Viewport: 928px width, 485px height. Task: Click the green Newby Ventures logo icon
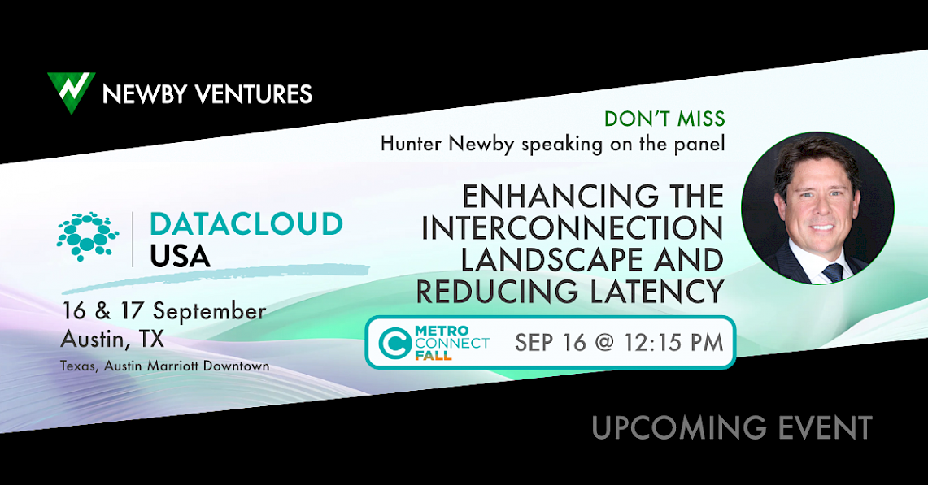click(71, 92)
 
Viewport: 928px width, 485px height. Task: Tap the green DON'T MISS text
click(664, 119)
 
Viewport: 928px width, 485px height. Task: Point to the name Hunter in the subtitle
click(412, 144)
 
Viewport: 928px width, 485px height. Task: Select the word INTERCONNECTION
click(573, 228)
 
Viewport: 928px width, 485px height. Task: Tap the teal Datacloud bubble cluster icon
click(88, 236)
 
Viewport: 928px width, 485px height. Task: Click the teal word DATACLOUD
click(246, 224)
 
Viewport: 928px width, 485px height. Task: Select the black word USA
click(180, 256)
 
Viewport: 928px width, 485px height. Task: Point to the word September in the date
click(210, 312)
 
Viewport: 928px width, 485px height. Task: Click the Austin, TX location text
click(112, 340)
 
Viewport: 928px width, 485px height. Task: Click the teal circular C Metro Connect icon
click(394, 344)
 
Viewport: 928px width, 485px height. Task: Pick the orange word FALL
click(434, 356)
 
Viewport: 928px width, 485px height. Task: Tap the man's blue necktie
click(834, 271)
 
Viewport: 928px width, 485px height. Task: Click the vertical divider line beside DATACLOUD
click(133, 239)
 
